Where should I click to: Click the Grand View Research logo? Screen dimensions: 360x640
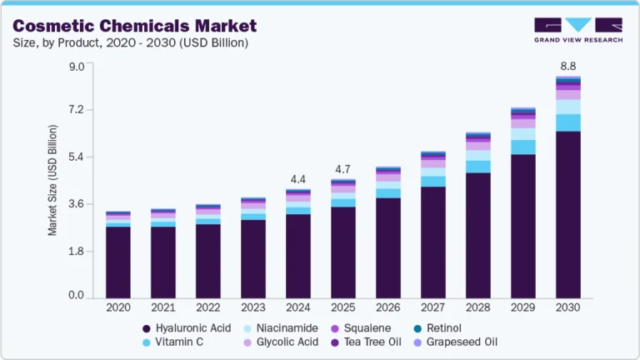click(577, 29)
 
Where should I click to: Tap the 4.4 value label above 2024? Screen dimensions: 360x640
click(297, 178)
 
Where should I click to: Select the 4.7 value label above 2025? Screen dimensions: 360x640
click(342, 169)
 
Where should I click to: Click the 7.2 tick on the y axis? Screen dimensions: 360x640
click(76, 110)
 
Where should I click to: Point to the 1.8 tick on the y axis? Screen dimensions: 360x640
click(76, 250)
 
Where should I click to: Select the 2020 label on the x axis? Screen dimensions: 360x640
click(117, 307)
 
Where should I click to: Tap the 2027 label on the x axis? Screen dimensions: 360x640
click(432, 307)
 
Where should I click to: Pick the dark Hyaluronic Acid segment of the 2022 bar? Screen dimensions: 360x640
click(207, 261)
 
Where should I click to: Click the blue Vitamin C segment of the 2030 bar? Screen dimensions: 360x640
click(567, 122)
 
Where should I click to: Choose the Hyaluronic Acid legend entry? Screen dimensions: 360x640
click(186, 327)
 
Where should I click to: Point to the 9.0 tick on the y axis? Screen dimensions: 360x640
click(76, 66)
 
